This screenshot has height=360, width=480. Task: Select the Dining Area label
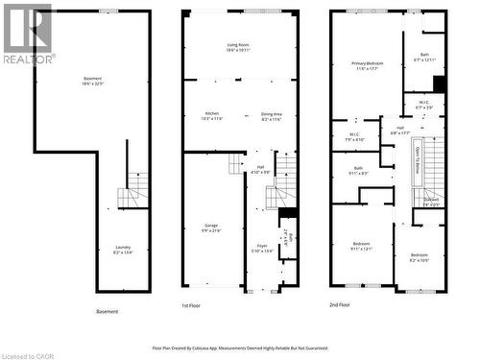(x=272, y=115)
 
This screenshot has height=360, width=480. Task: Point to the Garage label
(x=211, y=228)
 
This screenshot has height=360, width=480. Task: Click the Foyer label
(x=261, y=248)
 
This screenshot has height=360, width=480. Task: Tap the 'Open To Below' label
(x=417, y=156)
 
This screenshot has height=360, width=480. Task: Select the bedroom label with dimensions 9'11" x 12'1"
(x=361, y=245)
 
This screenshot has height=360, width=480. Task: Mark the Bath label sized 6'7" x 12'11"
(x=424, y=57)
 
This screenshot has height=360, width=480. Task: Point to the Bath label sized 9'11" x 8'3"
(x=357, y=170)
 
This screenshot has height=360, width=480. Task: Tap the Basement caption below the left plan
(x=108, y=312)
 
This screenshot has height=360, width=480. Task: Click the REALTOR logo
(x=27, y=34)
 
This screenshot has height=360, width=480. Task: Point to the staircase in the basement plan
(x=133, y=197)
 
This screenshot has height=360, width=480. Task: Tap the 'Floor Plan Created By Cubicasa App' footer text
(x=240, y=348)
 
